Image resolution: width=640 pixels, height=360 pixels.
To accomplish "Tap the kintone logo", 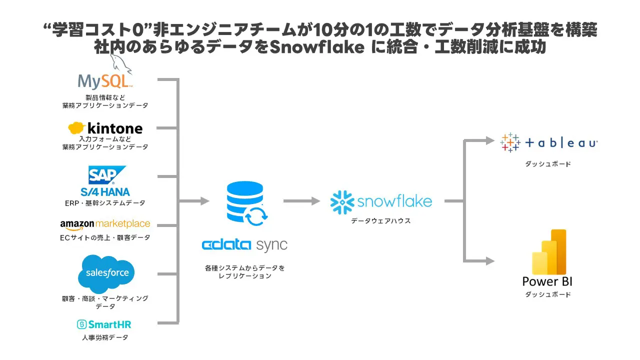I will [x=105, y=128].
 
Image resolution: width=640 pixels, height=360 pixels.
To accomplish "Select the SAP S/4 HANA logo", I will [x=105, y=181].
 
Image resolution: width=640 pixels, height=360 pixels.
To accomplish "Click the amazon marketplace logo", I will [x=105, y=224].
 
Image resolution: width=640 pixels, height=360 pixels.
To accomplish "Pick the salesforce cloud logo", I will [x=106, y=273].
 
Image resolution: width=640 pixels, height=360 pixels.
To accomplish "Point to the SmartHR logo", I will [x=104, y=324].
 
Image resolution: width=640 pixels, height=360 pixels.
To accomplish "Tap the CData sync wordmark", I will [x=244, y=245].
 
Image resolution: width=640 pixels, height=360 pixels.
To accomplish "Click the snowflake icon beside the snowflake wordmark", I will [x=342, y=201].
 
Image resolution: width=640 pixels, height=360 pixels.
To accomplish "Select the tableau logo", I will [x=549, y=143].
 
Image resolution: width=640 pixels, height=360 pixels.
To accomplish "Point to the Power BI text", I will [x=547, y=281].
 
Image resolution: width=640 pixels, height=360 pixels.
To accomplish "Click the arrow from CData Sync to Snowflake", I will [x=301, y=201].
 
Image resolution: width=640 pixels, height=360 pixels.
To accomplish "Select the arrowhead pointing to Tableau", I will [x=490, y=140].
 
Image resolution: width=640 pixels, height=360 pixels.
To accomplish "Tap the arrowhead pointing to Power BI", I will [x=490, y=261].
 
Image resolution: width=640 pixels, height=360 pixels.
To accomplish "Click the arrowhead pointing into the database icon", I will [x=204, y=201].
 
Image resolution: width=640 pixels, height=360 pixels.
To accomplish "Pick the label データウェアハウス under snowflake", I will [x=380, y=220].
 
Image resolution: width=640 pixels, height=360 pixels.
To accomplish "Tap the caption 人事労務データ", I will [x=105, y=337].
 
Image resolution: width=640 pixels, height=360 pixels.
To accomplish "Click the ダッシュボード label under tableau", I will [x=548, y=164].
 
